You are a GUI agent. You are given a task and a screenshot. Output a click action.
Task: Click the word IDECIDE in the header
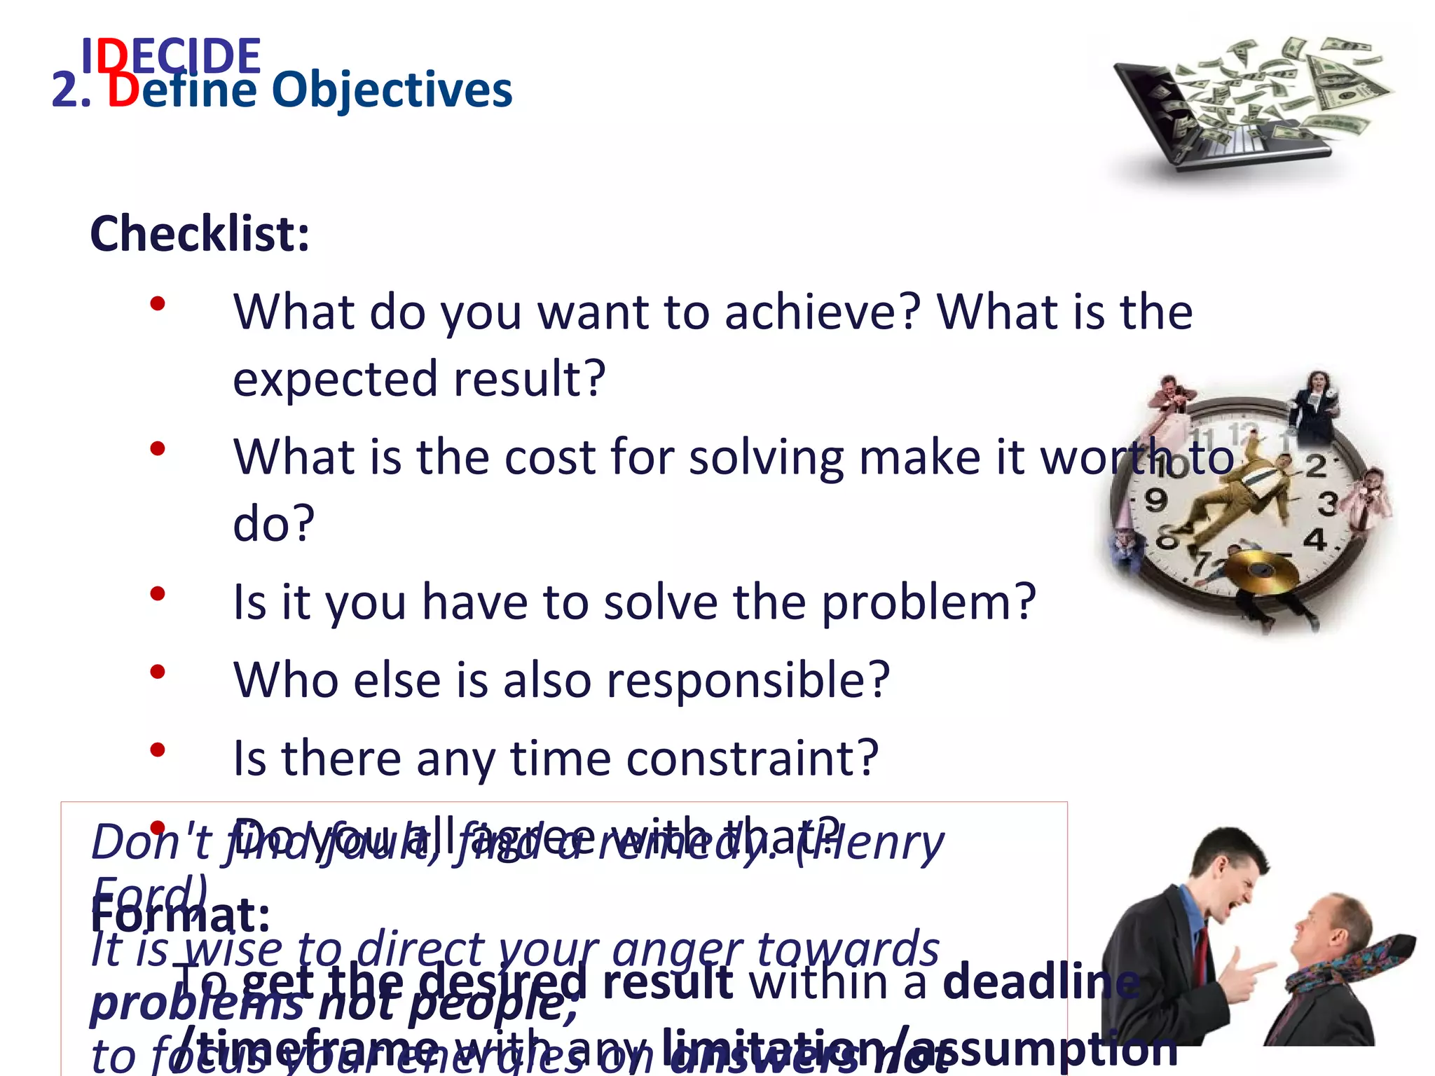171,56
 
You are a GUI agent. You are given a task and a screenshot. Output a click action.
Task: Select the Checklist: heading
200,234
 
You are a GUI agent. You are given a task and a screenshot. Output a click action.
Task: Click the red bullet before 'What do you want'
158,303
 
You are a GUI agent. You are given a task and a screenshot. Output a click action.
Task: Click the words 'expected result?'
419,378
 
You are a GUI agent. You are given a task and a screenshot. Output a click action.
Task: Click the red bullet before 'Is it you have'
158,593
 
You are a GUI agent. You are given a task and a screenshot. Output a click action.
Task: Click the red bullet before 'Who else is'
158,672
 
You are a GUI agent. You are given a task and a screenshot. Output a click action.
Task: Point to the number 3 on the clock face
1326,502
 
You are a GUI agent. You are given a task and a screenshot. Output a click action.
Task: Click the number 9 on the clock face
1155,499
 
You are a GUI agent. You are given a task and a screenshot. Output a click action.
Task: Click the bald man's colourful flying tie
1359,960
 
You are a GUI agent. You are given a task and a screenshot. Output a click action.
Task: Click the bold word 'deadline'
1041,982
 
